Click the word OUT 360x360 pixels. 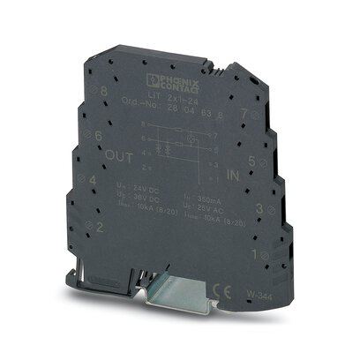[119, 157]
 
